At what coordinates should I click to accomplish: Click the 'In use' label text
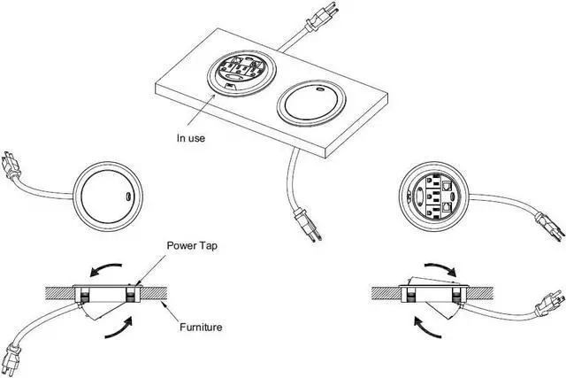(193, 137)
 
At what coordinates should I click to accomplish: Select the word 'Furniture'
(201, 328)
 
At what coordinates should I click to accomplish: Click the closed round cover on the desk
(310, 104)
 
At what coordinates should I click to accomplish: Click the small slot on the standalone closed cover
(128, 195)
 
